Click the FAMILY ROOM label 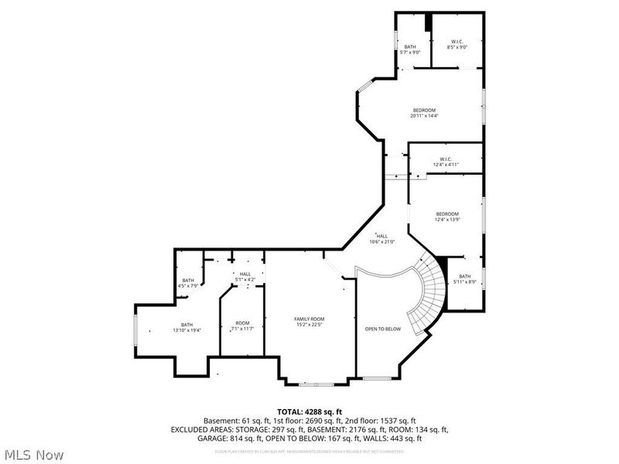coord(309,319)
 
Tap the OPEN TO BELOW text coord(382,329)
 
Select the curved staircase coord(429,298)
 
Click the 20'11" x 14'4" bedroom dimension coord(425,116)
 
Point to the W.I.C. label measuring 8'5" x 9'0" coord(457,46)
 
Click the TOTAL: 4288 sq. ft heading coord(309,411)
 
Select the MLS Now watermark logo coord(33,454)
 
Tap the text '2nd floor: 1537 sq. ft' coord(395,420)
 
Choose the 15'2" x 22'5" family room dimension coord(309,325)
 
